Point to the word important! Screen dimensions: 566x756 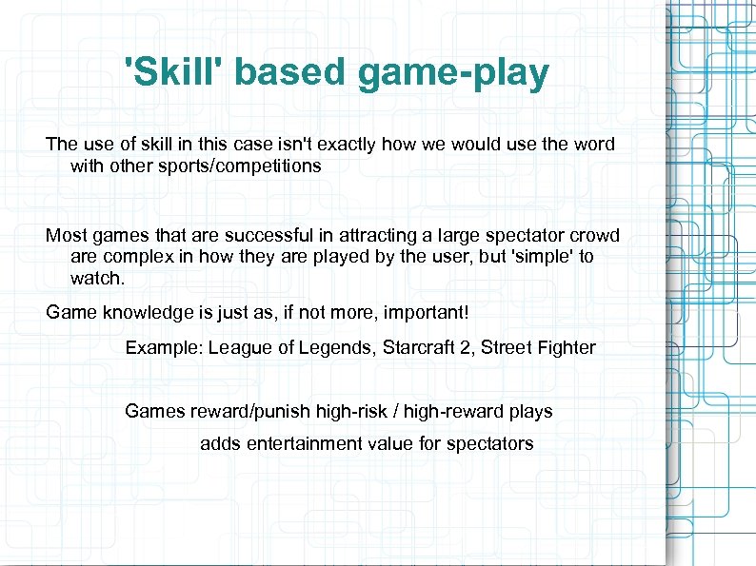point(423,312)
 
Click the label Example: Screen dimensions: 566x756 point(164,347)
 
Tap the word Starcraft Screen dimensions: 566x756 point(419,347)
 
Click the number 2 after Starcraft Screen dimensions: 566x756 point(465,347)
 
